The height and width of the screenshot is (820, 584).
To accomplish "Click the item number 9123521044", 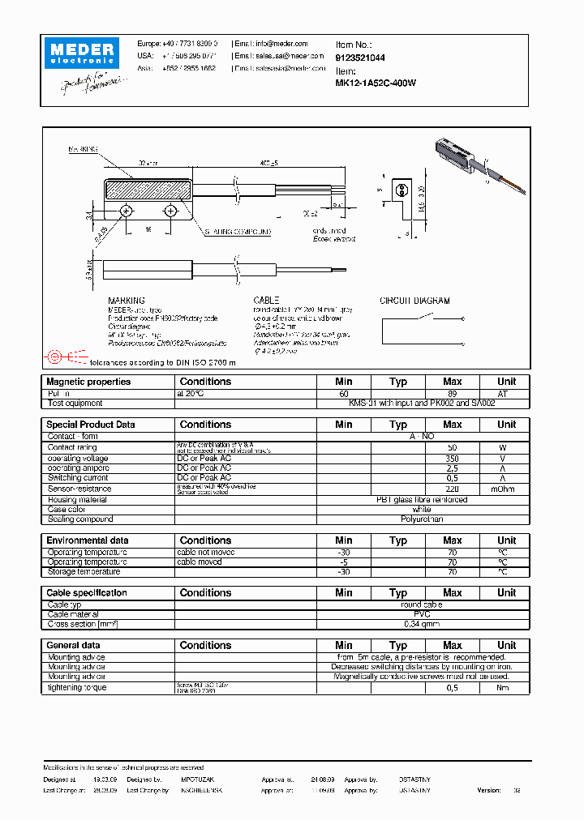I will tap(360, 58).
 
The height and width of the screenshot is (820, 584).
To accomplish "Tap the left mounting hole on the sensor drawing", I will tap(127, 211).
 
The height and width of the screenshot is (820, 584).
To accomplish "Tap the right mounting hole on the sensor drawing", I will tap(170, 211).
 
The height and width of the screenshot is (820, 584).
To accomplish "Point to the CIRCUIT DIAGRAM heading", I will tap(414, 301).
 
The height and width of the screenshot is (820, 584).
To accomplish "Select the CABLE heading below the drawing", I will tap(266, 301).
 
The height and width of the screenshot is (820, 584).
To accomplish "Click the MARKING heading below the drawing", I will tap(127, 301).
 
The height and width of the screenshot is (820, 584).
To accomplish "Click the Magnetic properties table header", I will tap(88, 382).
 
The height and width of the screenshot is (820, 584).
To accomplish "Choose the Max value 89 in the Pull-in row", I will tap(452, 393).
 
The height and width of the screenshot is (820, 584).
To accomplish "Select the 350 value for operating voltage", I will tap(452, 459).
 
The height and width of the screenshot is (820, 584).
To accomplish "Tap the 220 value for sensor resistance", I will tap(452, 489).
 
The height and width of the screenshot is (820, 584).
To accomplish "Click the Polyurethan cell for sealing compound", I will tap(422, 519).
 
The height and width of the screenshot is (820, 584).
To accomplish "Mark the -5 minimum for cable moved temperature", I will tap(344, 562).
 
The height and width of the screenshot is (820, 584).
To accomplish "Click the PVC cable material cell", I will tap(422, 615).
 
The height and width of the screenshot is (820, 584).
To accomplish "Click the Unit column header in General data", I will tap(506, 646).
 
